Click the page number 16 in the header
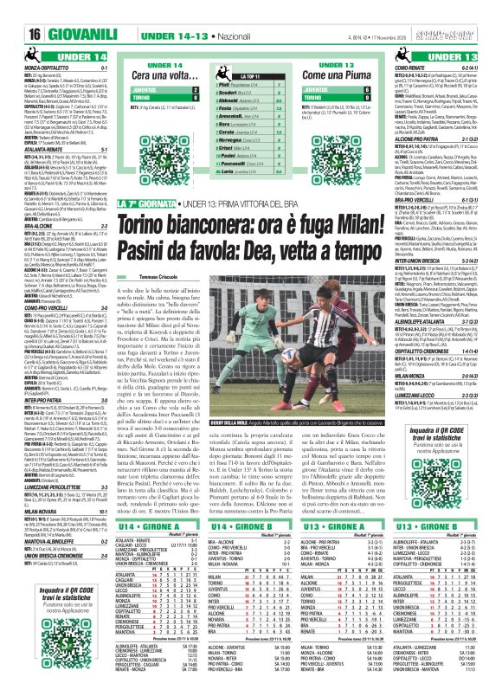tap(22, 12)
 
